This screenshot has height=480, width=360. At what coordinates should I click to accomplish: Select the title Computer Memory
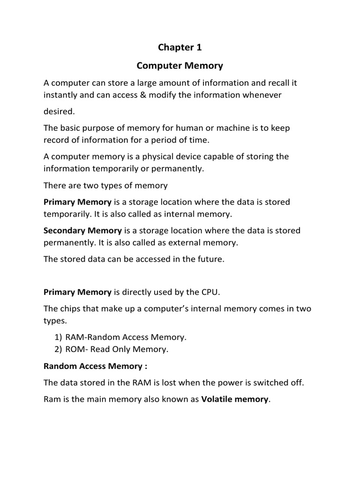click(x=180, y=66)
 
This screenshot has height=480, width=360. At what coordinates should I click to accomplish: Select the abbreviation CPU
click(x=209, y=292)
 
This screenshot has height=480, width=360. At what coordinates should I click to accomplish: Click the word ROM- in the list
click(x=81, y=349)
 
